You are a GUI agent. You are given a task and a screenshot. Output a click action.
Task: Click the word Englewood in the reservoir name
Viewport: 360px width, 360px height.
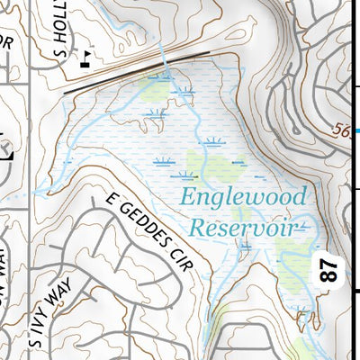(243, 197)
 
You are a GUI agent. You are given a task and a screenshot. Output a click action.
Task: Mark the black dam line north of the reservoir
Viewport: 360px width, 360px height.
(135, 71)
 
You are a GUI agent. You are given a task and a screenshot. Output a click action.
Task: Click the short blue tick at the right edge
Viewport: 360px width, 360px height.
(357, 132)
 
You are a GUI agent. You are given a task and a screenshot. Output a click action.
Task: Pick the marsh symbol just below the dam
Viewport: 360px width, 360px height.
(185, 90)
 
